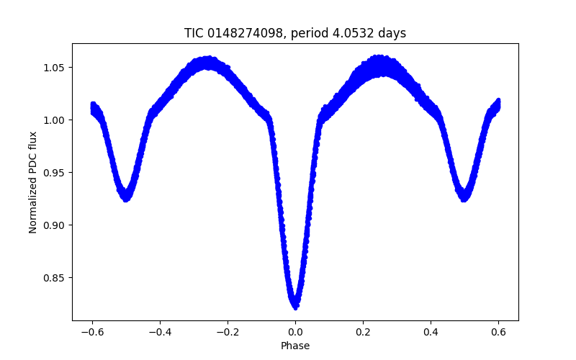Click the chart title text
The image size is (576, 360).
coord(295,33)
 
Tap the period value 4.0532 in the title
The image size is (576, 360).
coord(351,33)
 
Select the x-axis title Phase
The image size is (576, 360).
coord(295,346)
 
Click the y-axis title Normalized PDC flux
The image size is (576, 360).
coord(33,181)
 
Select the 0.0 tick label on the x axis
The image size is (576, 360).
coord(295,332)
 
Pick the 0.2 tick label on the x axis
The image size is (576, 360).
coord(363,332)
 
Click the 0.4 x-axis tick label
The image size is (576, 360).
coord(431,332)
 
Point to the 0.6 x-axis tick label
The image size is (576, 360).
coord(498,332)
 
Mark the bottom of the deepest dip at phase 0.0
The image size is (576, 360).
coord(295,305)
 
